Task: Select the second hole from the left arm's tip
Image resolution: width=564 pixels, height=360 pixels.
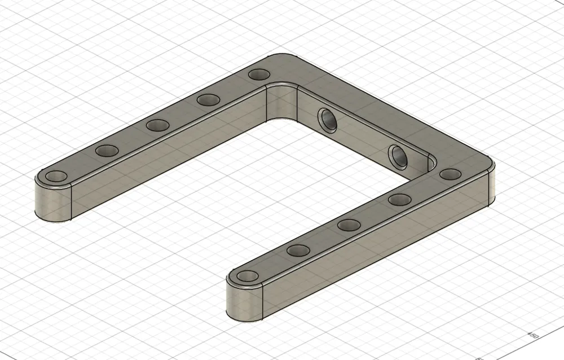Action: pos(106,151)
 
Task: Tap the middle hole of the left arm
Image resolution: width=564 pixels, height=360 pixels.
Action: pos(158,125)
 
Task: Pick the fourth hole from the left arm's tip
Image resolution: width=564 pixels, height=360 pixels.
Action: pos(209,99)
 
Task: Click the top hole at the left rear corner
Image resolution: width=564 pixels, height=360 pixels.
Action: pos(259,74)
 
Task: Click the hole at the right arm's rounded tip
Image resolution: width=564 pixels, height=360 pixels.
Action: pos(247,276)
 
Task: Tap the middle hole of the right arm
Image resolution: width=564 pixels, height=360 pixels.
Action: pos(349,225)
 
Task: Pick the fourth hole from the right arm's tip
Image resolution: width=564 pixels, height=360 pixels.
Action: pos(399,199)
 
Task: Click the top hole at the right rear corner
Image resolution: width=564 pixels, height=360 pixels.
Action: pos(450,174)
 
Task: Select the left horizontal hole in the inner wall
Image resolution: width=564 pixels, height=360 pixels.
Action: pos(327,120)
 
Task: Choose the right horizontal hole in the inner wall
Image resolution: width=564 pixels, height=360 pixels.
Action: pos(397,156)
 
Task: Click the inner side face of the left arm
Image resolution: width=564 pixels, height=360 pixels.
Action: pos(169,152)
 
